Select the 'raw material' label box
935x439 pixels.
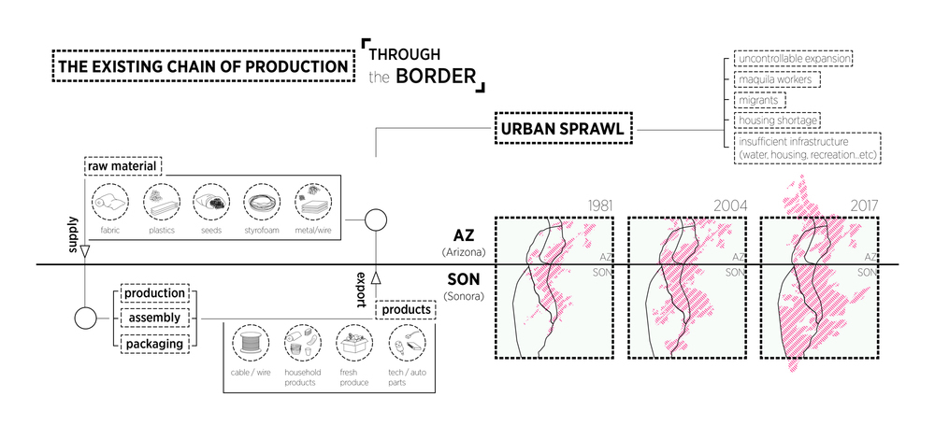point(123,166)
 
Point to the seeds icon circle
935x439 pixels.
point(210,202)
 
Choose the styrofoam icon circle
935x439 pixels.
point(261,202)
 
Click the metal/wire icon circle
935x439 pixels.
point(311,202)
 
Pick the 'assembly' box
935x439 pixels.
point(151,319)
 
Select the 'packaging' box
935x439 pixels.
point(151,343)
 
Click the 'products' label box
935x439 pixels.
point(408,309)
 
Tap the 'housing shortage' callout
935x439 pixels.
point(779,120)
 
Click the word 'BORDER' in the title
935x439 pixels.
point(436,76)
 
